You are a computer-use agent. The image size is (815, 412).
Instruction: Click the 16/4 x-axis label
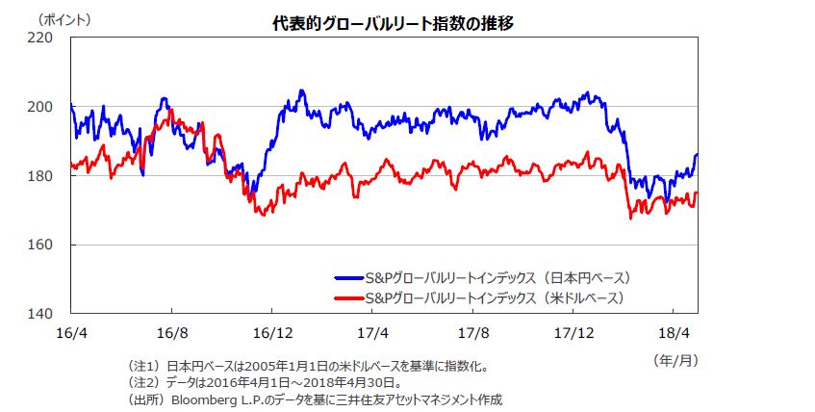pos(70,332)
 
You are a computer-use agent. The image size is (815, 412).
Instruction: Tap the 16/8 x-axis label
pos(171,332)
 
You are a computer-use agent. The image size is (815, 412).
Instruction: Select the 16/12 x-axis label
pos(271,332)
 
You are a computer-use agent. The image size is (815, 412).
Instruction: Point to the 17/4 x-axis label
pos(372,332)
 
